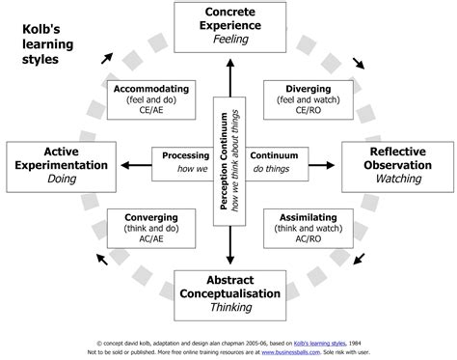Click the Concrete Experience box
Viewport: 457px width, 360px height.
[229, 25]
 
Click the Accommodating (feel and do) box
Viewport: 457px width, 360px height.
[150, 97]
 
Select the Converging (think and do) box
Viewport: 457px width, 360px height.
[150, 226]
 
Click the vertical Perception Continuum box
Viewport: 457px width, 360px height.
[229, 159]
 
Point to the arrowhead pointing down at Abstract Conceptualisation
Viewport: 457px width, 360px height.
[229, 258]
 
